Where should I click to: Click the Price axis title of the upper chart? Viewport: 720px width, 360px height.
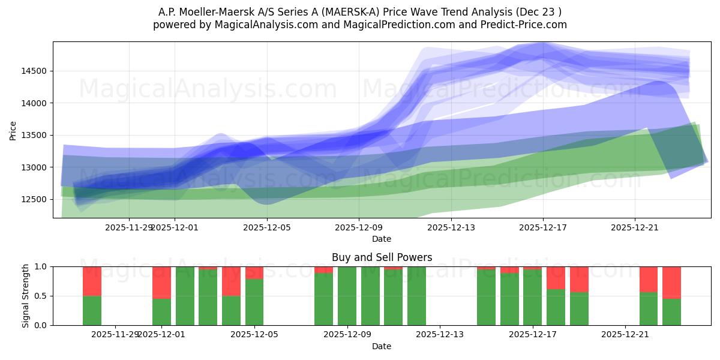(13, 130)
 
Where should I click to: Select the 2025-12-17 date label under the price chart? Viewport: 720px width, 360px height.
(542, 227)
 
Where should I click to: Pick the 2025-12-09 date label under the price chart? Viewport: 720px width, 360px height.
(358, 227)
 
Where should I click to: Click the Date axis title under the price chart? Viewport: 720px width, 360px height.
(382, 239)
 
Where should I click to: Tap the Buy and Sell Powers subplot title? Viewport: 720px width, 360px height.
(382, 257)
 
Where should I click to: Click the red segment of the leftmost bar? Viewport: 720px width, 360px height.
(92, 281)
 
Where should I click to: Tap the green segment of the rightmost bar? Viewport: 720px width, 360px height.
(671, 312)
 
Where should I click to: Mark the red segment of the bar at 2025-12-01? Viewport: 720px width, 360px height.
(161, 282)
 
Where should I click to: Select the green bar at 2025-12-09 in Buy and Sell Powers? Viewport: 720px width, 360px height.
(347, 296)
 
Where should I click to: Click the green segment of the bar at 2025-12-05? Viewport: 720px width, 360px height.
(254, 302)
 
